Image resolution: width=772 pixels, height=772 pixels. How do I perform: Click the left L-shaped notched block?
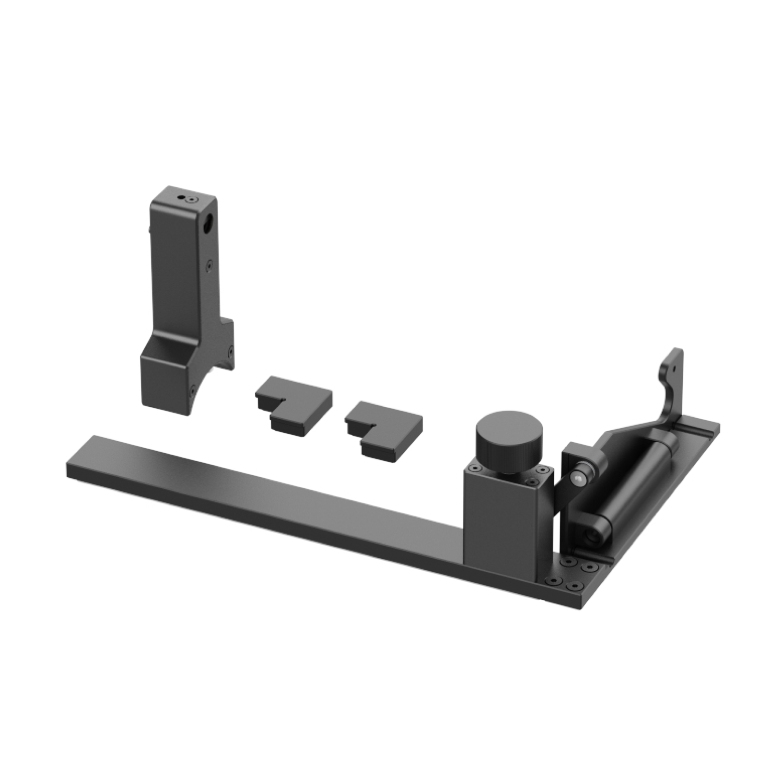point(293,400)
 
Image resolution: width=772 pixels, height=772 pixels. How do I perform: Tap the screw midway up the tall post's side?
point(208,264)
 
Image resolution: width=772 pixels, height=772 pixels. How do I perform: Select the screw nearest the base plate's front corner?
point(575,585)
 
